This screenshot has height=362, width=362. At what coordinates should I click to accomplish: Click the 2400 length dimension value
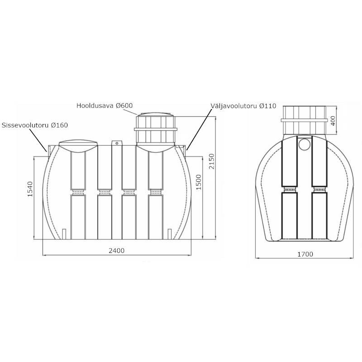coord(117,251)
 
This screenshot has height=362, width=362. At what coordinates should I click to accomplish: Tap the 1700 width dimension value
coord(305,254)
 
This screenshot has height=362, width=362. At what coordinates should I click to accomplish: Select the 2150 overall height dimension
coord(212,162)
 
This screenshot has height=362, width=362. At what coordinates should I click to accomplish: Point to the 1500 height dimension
coord(199,182)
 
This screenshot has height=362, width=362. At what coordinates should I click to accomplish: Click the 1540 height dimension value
coord(30,189)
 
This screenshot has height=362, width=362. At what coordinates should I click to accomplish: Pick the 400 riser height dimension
coord(333,121)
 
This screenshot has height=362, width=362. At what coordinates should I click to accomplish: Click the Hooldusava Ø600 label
coord(105,105)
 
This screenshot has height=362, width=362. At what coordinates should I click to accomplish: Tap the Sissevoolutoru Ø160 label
coord(35,125)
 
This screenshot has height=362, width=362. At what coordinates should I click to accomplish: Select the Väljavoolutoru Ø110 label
coord(243,106)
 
